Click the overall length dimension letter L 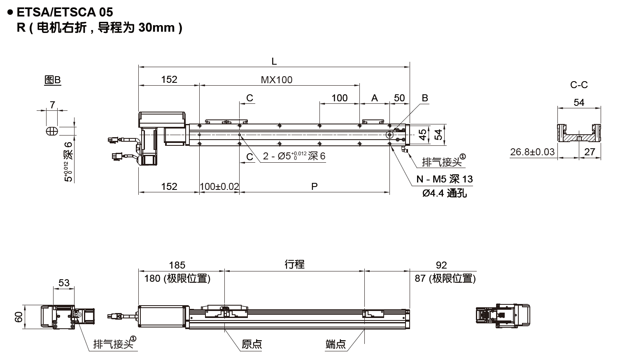274,62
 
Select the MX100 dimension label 277,79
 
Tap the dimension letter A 374,98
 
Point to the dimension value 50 399,98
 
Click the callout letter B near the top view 425,98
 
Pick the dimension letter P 314,187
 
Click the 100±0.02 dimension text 219,187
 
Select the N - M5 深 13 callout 445,179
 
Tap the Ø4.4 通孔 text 445,193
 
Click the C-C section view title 579,85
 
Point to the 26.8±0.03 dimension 532,152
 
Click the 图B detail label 52,80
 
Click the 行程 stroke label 294,264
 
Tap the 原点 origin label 252,344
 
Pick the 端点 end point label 336,344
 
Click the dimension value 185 177,265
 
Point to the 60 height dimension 19,317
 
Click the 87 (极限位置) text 445,279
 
